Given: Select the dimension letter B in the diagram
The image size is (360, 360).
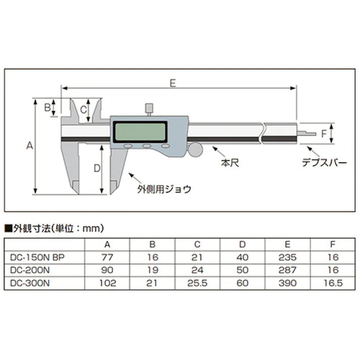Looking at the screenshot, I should pos(47,107).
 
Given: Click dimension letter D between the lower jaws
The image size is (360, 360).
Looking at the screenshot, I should pos(97,169).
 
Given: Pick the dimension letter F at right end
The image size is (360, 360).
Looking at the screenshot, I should pos(324,133).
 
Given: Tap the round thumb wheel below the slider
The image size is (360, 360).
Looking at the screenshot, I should pos(195,149).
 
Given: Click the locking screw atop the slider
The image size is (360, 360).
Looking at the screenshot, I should pos(149,108).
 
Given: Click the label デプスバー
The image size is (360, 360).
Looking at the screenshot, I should pos(324,163).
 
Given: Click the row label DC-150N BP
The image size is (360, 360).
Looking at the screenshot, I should pos(38,256).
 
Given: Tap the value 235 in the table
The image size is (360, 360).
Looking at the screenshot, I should pos(288,256).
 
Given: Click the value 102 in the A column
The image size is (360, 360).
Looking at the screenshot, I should pos(107,283).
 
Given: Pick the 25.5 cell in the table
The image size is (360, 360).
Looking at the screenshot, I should pos(197,283).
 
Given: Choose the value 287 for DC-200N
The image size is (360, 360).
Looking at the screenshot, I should pos(288,270).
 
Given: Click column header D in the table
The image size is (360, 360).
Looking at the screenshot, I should pos(242,244).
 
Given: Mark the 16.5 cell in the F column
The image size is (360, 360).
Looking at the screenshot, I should pos(333,283).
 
